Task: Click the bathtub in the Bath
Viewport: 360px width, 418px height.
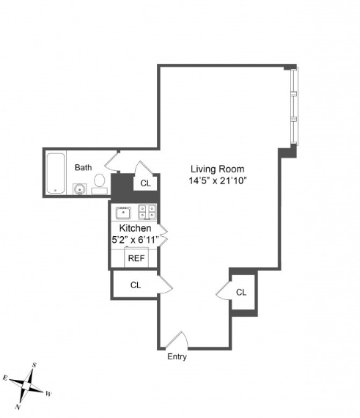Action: [56, 173]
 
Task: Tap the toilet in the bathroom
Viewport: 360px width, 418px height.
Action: [100, 183]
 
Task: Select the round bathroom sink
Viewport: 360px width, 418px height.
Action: [80, 189]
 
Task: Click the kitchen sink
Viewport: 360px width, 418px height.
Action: [123, 213]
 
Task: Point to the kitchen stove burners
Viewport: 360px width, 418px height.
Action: [147, 212]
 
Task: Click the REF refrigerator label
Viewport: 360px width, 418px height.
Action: [136, 258]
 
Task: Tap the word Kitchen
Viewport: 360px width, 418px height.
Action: [135, 228]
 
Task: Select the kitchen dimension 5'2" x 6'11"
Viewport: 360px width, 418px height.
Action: [135, 240]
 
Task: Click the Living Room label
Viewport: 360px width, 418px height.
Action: [218, 169]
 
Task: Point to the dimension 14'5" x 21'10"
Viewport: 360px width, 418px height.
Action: [217, 180]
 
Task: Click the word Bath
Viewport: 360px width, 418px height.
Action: [83, 167]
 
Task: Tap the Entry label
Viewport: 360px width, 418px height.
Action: [177, 356]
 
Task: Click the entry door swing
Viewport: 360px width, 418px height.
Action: [177, 340]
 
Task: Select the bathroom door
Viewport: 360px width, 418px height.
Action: [111, 161]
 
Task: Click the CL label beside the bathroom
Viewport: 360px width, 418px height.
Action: [145, 183]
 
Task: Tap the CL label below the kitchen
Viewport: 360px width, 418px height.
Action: [136, 285]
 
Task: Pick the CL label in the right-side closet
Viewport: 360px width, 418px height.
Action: [241, 293]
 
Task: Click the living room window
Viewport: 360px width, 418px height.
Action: [294, 106]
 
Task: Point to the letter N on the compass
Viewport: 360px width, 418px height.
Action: [18, 407]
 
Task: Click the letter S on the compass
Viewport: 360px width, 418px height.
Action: [34, 365]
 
